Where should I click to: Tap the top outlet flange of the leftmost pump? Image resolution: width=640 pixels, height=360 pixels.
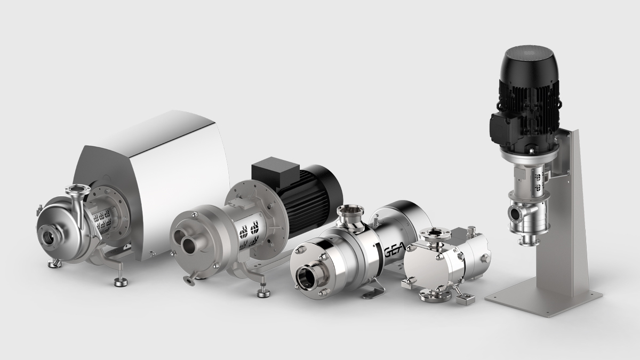77,189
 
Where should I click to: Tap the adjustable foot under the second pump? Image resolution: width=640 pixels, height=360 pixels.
263,293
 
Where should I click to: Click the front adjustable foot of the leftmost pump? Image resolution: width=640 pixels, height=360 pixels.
121,282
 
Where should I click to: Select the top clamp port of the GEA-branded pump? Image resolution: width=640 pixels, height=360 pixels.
350,210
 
